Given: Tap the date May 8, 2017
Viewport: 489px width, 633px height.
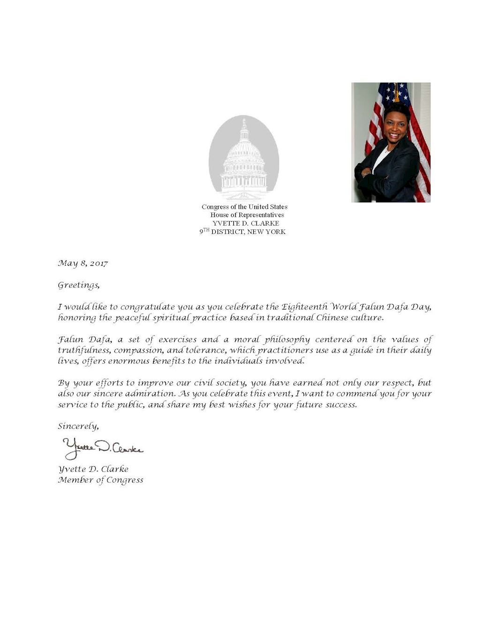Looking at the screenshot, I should click(x=83, y=263).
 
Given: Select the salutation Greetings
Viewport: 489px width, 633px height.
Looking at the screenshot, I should click(x=78, y=285).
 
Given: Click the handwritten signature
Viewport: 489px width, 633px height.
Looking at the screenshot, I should click(x=103, y=448).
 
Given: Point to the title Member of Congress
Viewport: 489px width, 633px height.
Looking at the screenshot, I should click(x=100, y=480).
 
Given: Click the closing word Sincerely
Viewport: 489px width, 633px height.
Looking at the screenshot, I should click(x=78, y=426).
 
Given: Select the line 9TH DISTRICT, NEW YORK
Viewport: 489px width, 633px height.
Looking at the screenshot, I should click(x=242, y=232).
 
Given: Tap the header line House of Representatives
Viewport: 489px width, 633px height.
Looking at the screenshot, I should click(x=247, y=215).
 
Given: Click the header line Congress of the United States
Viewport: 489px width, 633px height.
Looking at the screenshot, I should click(x=244, y=207).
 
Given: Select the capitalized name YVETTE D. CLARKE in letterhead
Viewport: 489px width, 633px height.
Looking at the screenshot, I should click(x=246, y=223).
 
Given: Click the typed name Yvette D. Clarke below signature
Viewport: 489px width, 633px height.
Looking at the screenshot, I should click(x=93, y=469).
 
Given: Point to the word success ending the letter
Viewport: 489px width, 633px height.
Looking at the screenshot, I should click(x=339, y=405).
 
